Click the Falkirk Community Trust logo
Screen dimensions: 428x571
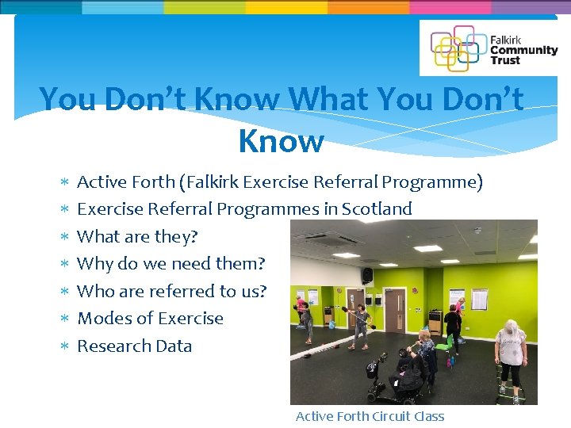[489, 48]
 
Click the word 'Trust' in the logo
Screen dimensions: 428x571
[505, 60]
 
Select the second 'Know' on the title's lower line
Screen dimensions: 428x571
[281, 141]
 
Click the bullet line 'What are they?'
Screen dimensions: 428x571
[137, 236]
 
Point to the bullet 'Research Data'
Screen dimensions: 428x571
[134, 346]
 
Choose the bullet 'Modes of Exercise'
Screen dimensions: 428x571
[150, 319]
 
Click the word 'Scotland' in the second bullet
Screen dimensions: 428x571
[377, 209]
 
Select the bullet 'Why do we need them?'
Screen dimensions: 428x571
[171, 264]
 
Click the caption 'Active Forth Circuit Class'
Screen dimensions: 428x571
[370, 416]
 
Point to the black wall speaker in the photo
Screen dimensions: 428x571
[367, 275]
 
